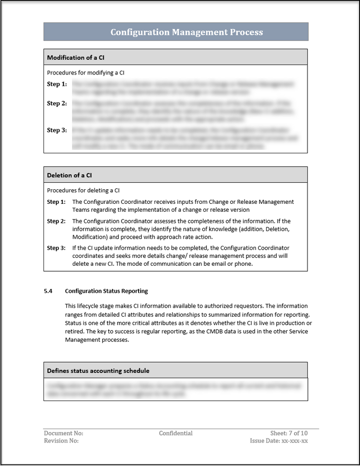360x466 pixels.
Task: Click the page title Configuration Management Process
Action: pos(186,32)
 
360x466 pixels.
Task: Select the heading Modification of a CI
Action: pos(72,57)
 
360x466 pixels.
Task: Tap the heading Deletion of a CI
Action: pos(69,175)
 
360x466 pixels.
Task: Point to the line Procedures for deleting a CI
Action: pos(83,190)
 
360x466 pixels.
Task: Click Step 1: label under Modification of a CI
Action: pos(56,84)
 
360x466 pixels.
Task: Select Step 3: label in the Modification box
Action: pos(56,130)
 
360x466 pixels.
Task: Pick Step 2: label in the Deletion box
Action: pos(56,221)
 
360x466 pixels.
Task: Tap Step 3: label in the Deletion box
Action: pos(56,248)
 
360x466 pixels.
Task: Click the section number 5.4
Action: pos(48,291)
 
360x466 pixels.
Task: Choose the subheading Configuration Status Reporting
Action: pos(106,291)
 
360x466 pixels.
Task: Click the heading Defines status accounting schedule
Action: pos(98,371)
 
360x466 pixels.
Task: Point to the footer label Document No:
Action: pos(63,434)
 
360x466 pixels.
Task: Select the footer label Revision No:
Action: pos(61,441)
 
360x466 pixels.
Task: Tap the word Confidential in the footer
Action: pos(175,434)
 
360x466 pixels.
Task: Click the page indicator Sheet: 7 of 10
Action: pos(289,434)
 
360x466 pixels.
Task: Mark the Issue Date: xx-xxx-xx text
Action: pos(279,441)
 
